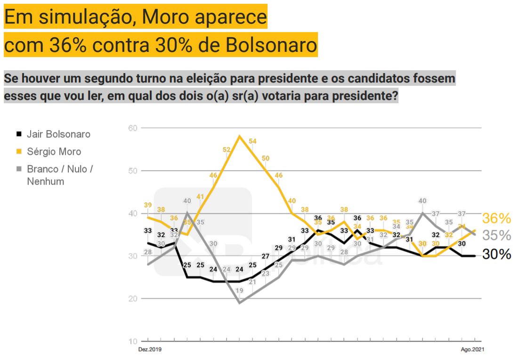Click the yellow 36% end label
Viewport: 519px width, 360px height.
pos(497,218)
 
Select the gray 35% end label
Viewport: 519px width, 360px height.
pos(497,236)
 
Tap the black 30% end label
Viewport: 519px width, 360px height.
pos(497,254)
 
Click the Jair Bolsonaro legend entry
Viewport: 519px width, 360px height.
pos(58,134)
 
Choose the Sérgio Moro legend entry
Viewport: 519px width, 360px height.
pos(54,152)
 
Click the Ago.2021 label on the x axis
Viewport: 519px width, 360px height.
pos(472,350)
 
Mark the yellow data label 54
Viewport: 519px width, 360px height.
pos(252,141)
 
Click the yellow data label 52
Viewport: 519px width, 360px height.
pos(226,149)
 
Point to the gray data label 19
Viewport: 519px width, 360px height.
pos(239,291)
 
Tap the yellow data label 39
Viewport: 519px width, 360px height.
pos(148,205)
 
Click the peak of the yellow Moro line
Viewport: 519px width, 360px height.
pos(239,136)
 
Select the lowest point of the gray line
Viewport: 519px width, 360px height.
pos(239,303)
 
